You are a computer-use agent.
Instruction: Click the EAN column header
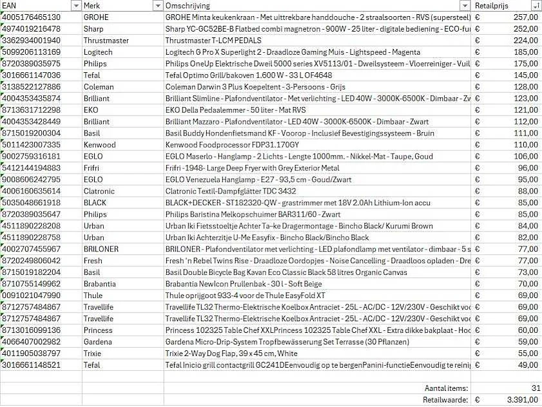pos(32,5)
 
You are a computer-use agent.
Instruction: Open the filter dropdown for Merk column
pos(157,6)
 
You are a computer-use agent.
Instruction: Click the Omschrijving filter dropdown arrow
pos(465,6)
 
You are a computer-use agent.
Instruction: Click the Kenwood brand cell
pos(99,144)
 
